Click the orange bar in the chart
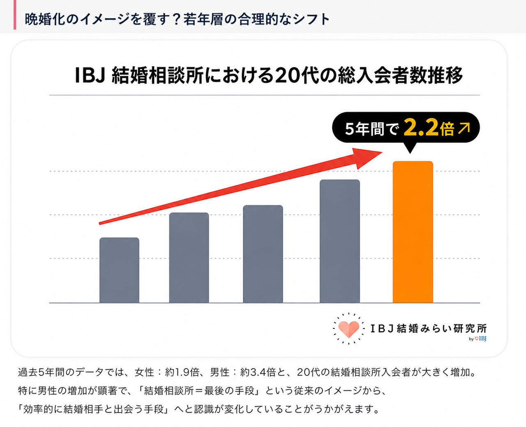[x=413, y=232]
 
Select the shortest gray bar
[x=119, y=270]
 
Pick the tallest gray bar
[x=340, y=241]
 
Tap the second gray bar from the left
[x=189, y=257]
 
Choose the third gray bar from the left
[x=263, y=254]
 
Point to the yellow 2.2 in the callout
[x=421, y=128]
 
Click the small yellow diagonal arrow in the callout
[x=464, y=129]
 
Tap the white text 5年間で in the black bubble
[x=372, y=129]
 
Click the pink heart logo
[x=349, y=329]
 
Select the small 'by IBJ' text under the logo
[x=478, y=338]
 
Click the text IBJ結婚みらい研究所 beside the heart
[x=429, y=329]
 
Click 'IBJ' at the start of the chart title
[x=90, y=75]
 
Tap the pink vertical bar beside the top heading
[x=15, y=15]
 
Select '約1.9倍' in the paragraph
[x=182, y=372]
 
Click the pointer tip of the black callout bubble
[x=410, y=154]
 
